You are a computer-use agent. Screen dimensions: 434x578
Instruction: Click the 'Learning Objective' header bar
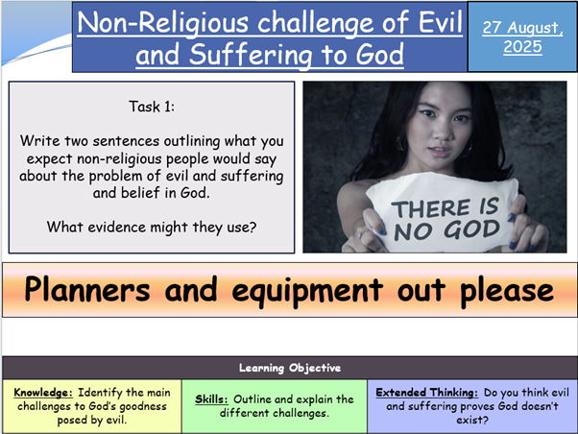pyautogui.click(x=288, y=368)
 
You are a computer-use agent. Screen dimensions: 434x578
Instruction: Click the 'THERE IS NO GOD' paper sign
pyautogui.click(x=444, y=212)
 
